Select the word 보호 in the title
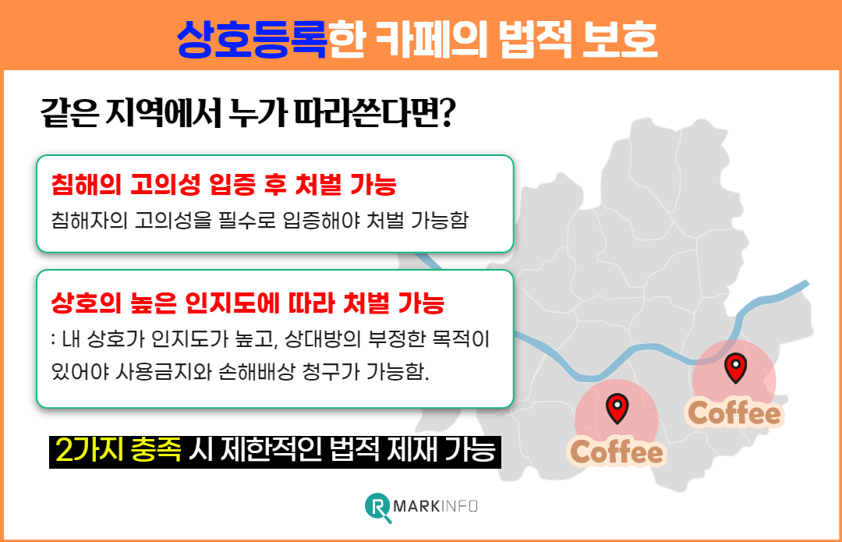pyautogui.click(x=620, y=37)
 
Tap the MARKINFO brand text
pyautogui.click(x=437, y=507)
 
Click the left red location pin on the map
pyautogui.click(x=617, y=407)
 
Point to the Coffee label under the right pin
pyautogui.click(x=734, y=413)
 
